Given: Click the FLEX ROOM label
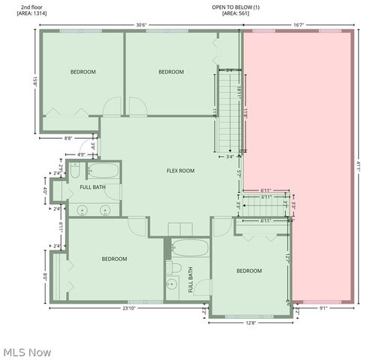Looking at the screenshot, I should point(180,171).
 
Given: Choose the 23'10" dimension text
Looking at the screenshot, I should point(130,308).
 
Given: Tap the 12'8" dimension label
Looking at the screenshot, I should point(251,324).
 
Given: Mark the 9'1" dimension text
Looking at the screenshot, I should point(324,308).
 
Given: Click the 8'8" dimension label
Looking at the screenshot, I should point(68,138).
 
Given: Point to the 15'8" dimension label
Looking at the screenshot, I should point(35,79).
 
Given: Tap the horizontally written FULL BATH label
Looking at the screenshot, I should point(92,187).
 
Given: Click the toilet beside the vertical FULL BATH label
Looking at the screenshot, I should point(173,267).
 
